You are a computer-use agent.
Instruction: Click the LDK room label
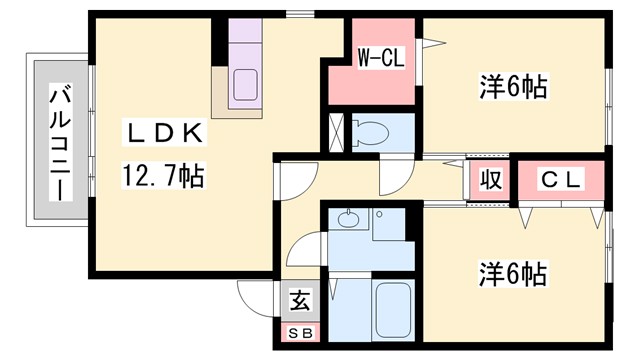[165, 132]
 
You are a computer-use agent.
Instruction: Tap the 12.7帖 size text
[164, 178]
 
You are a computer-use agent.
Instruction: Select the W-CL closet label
[380, 59]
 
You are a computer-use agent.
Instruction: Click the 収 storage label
[490, 182]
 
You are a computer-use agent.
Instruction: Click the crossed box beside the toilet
[336, 133]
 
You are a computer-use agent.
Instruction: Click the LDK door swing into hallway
[293, 180]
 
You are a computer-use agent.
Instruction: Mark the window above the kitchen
[296, 14]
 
